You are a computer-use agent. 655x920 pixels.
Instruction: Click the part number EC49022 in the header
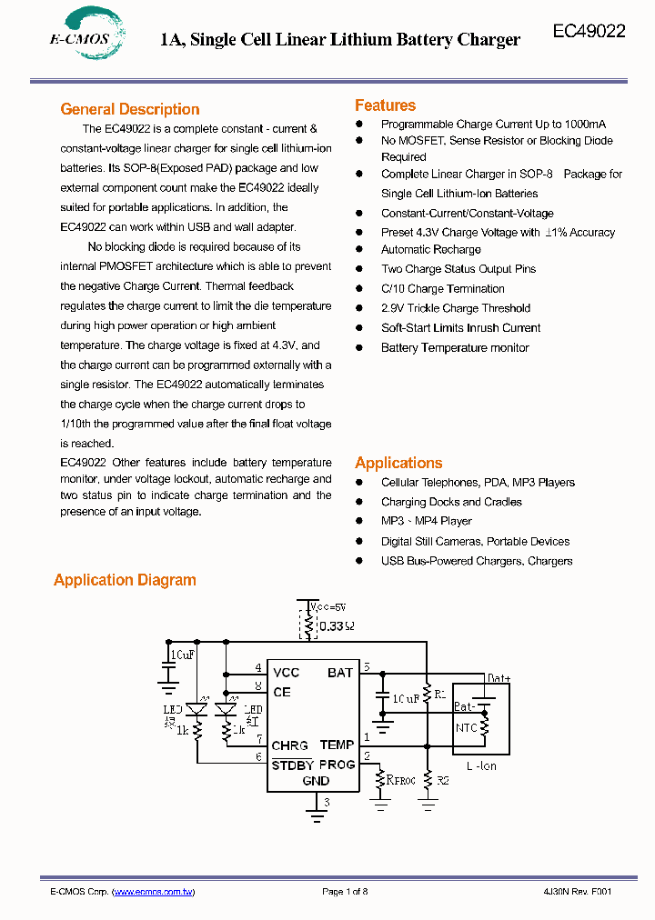589,31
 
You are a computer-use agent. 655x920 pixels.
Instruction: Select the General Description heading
130,109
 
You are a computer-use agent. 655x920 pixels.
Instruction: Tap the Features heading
385,105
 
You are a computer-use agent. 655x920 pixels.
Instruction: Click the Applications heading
398,463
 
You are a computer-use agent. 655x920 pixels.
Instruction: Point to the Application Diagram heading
125,580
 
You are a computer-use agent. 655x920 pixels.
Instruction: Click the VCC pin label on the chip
287,672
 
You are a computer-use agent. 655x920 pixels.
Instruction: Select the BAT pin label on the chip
340,672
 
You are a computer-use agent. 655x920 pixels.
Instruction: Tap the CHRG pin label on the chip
289,745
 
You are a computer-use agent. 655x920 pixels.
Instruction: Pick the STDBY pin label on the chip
292,765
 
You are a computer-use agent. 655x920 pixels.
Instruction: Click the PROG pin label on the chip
337,765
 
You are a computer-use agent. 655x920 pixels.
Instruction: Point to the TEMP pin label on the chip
337,745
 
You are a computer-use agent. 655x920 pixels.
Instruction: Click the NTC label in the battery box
466,727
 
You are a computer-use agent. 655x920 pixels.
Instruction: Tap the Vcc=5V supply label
328,606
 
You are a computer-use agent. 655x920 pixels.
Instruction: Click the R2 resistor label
443,781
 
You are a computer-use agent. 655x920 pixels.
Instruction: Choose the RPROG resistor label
401,779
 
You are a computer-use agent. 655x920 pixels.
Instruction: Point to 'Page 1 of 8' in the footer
345,892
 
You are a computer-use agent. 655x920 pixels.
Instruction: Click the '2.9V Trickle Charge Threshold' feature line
455,308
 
